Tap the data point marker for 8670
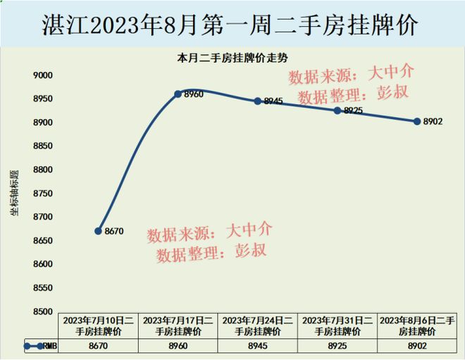(98, 230)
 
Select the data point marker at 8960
(178, 93)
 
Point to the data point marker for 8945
(258, 101)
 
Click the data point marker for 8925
(337, 111)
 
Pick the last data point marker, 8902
(417, 121)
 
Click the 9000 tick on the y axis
(43, 75)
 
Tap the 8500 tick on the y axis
(43, 311)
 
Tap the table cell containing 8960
(178, 346)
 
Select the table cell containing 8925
(337, 346)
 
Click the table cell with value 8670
(98, 346)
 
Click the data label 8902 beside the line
(433, 121)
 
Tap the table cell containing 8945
(258, 346)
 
